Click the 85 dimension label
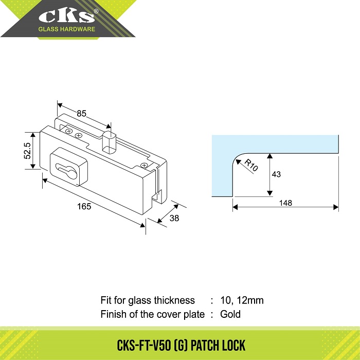(81, 114)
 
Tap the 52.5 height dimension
(27, 151)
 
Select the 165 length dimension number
(84, 206)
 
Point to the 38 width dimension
(174, 218)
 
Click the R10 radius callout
(251, 165)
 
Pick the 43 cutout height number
(276, 174)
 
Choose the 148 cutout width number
(285, 203)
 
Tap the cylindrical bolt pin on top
(109, 142)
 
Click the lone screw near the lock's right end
(144, 165)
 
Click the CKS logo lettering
(66, 17)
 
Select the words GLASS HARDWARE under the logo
(66, 29)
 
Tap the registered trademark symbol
(96, 11)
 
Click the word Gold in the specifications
(230, 314)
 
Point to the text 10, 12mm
(242, 300)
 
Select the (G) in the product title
(181, 345)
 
